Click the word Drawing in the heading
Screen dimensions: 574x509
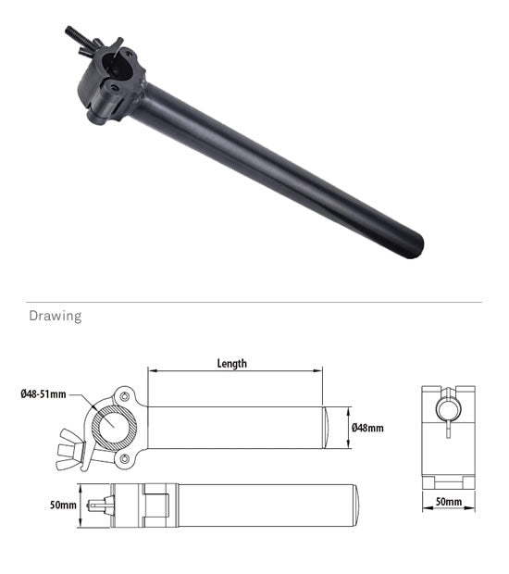point(55,317)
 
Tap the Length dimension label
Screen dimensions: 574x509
point(231,364)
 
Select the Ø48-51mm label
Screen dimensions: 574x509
point(43,395)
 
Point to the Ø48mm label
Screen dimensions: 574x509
point(367,428)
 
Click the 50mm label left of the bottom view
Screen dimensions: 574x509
point(63,505)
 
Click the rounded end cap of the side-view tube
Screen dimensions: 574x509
point(330,428)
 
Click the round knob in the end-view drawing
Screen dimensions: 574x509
point(448,408)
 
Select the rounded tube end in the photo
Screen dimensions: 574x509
point(411,244)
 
